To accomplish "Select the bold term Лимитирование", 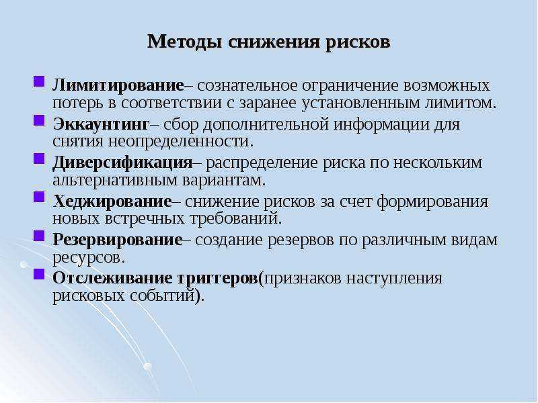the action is coord(118,85).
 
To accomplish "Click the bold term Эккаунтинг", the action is coord(102,124).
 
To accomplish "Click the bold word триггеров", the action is coord(217,279).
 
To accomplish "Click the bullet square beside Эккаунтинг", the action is coord(39,121).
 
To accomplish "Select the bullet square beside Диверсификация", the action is coord(39,159).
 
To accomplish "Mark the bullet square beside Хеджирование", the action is coord(39,197).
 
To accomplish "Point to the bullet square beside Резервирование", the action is coord(39,236).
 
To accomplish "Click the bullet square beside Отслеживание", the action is coord(39,275).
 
